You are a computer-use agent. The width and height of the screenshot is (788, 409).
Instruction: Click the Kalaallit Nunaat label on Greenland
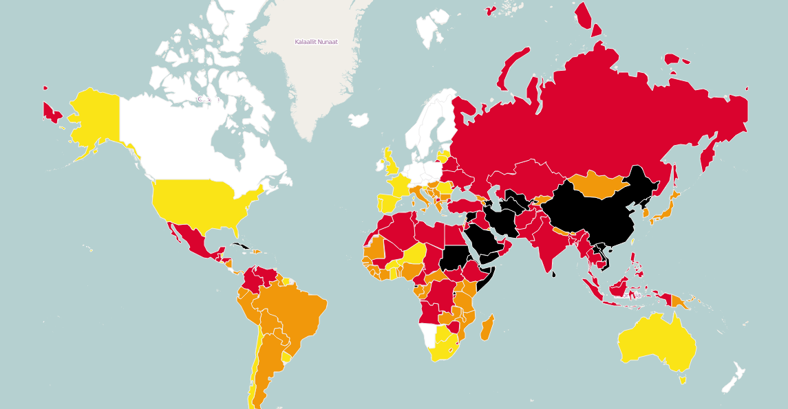316,42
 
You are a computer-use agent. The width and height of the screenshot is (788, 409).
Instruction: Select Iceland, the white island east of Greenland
359,120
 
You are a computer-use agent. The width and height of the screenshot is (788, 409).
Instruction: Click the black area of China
592,213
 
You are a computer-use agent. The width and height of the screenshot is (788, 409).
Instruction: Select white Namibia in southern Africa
429,336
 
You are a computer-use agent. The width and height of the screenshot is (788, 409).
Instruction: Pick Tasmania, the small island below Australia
682,380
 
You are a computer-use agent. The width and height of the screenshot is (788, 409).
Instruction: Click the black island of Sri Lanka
555,273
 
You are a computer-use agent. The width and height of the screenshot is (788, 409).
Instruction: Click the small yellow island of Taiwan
633,240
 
